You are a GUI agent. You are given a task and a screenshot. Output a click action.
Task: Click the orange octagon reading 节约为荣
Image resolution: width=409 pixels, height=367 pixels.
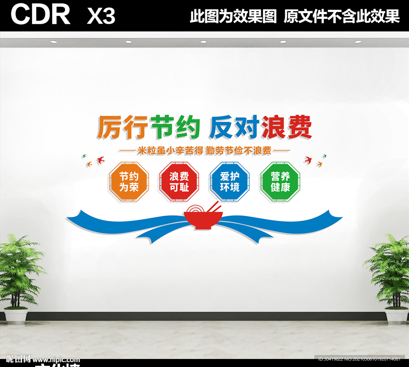129,182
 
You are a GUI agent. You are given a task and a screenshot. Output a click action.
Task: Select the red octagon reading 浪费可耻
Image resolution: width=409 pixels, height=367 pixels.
179,182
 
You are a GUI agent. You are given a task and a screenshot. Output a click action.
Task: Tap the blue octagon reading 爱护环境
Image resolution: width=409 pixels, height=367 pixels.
229,182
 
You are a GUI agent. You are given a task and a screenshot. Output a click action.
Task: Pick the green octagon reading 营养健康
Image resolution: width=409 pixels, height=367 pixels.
280,182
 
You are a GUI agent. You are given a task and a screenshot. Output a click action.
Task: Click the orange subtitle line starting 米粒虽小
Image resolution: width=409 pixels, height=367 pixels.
204,151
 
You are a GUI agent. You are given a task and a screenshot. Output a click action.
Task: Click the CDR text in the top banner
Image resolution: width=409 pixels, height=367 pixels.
40,15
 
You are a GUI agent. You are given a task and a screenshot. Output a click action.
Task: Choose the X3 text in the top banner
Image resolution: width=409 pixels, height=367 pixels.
101,16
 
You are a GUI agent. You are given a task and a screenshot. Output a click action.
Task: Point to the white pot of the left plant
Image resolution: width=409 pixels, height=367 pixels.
16,315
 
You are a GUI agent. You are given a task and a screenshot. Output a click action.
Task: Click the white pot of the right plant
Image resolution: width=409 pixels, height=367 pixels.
397,315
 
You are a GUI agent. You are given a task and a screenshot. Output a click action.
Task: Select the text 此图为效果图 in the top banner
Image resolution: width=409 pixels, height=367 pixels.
233,16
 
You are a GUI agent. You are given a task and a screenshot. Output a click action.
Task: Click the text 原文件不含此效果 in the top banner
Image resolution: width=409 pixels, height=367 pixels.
341,16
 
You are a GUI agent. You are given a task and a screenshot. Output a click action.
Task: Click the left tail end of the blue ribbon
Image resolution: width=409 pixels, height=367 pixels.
72,218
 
